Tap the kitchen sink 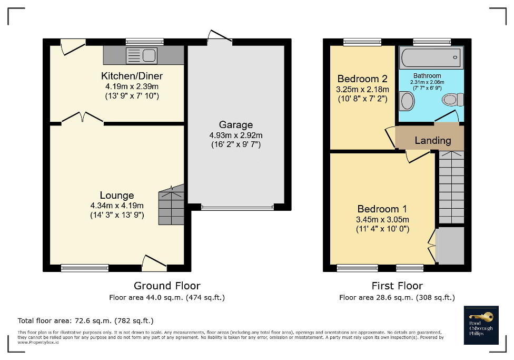click(141, 54)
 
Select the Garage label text click(235, 125)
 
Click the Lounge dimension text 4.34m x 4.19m click(117, 205)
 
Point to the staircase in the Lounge click(172, 205)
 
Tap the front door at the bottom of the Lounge click(154, 261)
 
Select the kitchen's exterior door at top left click(73, 46)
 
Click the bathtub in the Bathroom click(430, 57)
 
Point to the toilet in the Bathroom click(452, 99)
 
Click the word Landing click(432, 140)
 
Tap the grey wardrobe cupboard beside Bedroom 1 click(451, 246)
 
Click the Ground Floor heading click(167, 286)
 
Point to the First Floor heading click(397, 286)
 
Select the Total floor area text click(86, 320)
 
